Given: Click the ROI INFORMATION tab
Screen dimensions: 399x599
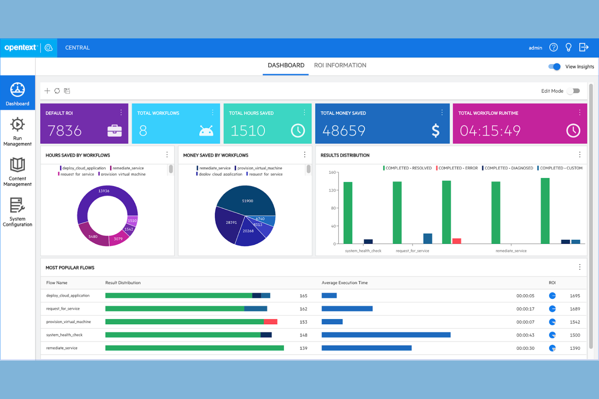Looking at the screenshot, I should (x=340, y=65).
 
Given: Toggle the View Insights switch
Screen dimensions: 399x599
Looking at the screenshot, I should (x=554, y=67).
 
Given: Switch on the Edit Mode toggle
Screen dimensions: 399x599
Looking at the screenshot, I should (x=574, y=91).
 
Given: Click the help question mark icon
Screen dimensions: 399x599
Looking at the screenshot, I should (x=553, y=48).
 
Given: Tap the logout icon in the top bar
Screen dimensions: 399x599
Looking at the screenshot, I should (x=584, y=48).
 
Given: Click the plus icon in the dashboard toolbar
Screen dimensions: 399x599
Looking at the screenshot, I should (x=47, y=91).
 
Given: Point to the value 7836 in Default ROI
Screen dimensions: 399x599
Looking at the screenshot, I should (x=65, y=131).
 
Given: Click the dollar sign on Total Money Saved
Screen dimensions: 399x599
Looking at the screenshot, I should (x=435, y=131).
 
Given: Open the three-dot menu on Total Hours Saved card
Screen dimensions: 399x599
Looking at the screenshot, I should (x=304, y=113).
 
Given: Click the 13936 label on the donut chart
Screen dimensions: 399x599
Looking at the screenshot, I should (x=104, y=191).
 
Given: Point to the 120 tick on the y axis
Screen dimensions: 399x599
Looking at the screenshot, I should (x=332, y=190).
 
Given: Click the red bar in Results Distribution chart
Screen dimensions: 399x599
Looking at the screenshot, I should (x=457, y=241).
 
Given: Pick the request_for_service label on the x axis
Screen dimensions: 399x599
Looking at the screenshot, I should (x=412, y=251).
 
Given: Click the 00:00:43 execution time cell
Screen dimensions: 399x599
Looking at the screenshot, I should (x=525, y=335).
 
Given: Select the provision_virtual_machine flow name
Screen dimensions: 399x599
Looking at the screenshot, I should (x=68, y=322).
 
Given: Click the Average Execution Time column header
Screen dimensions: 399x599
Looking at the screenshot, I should (x=344, y=283).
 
